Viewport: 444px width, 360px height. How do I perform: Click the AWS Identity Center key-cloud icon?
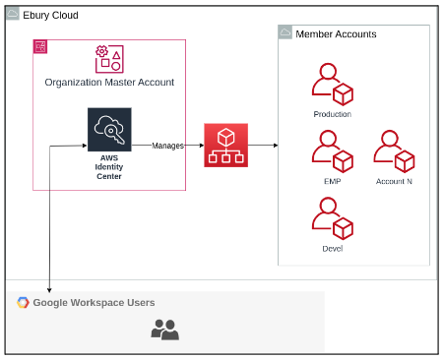click(x=109, y=130)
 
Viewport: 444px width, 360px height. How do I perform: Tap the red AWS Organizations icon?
click(x=226, y=146)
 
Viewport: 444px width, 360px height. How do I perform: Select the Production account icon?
click(x=333, y=85)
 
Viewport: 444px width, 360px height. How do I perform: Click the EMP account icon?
click(x=333, y=151)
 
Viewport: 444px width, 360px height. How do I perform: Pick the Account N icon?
click(x=394, y=151)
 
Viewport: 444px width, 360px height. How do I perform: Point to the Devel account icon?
click(x=333, y=218)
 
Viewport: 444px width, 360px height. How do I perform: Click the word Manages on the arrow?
click(x=167, y=146)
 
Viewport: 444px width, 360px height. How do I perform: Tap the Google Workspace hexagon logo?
click(x=23, y=302)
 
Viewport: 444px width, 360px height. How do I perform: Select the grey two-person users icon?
click(x=165, y=330)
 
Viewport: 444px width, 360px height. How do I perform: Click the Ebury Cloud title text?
click(x=50, y=15)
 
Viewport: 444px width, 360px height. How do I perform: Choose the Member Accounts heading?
click(x=336, y=34)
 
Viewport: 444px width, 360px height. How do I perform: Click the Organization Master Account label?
click(x=109, y=83)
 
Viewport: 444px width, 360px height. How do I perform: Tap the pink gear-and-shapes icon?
click(x=109, y=59)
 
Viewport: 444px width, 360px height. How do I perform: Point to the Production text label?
click(x=333, y=114)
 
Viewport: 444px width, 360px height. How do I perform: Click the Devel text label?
click(x=333, y=249)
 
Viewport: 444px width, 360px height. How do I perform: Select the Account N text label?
click(x=394, y=181)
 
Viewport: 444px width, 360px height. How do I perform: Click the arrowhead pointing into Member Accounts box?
click(x=276, y=146)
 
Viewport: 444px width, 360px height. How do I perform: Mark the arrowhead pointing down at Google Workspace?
click(x=49, y=290)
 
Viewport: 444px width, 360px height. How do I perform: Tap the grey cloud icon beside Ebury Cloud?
click(x=13, y=14)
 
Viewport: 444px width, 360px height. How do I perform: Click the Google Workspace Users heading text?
click(x=94, y=303)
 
